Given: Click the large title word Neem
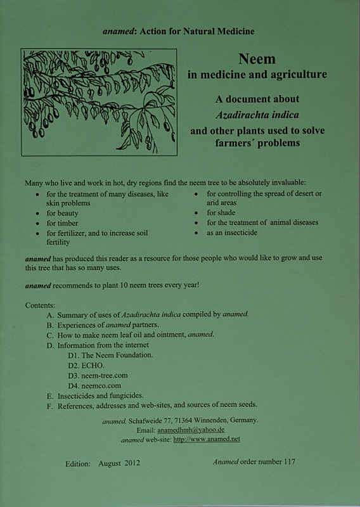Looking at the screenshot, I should [x=257, y=60].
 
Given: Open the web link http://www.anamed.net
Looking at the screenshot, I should [x=207, y=439].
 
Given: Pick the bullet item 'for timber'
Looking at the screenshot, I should [x=63, y=223].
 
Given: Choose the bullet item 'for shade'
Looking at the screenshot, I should [x=221, y=213].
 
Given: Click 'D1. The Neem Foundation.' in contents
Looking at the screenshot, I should [x=110, y=355].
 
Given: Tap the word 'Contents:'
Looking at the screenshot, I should [x=41, y=305].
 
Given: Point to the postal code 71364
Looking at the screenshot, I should [x=183, y=420].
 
